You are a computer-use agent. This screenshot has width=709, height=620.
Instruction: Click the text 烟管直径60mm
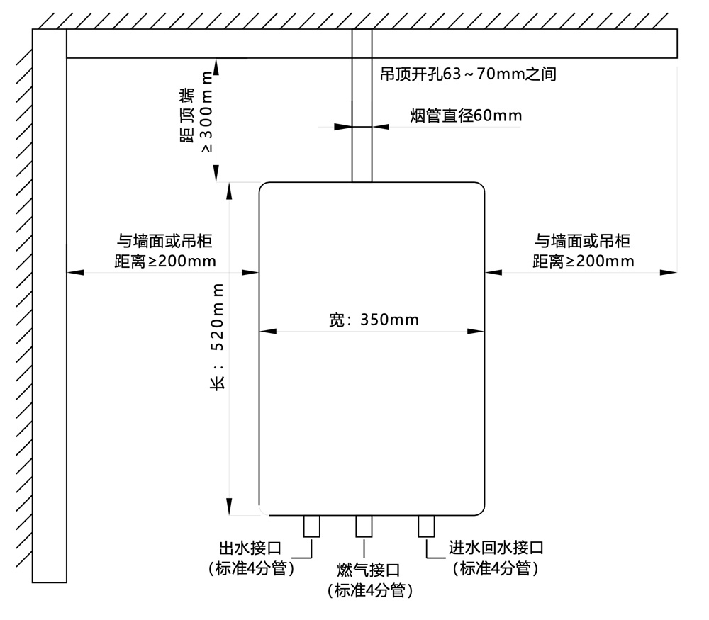(465, 115)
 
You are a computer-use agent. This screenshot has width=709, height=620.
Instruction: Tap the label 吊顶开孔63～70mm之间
(468, 74)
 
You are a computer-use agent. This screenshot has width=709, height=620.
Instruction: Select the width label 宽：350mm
(374, 320)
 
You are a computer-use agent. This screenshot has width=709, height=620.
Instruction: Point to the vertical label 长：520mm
(219, 335)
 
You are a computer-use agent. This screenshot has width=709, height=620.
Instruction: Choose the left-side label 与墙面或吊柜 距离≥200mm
(164, 252)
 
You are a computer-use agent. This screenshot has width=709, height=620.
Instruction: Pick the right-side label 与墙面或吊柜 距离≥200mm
(583, 252)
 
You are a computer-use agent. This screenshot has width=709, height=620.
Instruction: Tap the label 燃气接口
(369, 570)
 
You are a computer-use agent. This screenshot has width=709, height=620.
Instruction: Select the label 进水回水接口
(496, 548)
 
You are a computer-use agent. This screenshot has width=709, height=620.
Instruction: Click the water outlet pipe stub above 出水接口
(311, 526)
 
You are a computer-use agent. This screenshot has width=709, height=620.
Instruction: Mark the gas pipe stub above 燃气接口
(364, 526)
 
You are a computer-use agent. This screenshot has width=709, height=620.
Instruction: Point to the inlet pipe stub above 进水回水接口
(426, 526)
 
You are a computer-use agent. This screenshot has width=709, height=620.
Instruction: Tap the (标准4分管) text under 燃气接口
(369, 590)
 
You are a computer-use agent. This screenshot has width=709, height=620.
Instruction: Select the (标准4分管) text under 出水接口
(251, 568)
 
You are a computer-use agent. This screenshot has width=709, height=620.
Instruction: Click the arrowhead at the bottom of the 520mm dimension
(230, 507)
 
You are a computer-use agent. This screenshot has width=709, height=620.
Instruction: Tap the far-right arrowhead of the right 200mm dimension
(668, 272)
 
